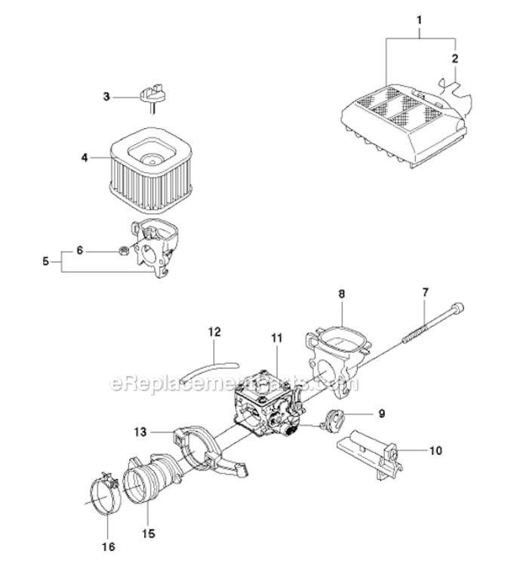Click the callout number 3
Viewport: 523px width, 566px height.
coord(106,97)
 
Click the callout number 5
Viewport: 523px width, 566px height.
coord(45,260)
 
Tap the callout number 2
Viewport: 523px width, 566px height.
coord(455,58)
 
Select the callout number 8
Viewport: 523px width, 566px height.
coord(342,294)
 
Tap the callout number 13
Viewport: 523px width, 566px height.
coord(140,432)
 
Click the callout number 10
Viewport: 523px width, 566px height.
coord(435,451)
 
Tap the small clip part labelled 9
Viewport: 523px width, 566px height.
coord(332,420)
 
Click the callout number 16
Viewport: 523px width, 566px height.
coord(109,546)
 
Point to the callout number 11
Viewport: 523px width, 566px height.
coord(277,338)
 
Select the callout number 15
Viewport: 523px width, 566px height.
coord(149,533)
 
